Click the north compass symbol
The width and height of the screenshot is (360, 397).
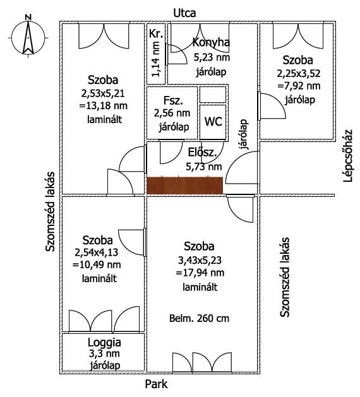tap(28, 37)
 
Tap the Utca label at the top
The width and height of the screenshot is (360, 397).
tap(184, 13)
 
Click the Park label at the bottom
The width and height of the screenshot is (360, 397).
tap(156, 384)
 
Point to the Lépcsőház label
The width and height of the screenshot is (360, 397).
tap(348, 156)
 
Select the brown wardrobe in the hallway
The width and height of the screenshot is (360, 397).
tap(185, 186)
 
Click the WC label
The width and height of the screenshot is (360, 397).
tap(213, 122)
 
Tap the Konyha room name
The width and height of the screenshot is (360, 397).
tap(211, 42)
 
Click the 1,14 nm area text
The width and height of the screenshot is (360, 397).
tap(155, 59)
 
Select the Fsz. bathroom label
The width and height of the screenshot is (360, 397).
tap(173, 100)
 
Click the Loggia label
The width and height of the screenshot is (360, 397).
tap(104, 342)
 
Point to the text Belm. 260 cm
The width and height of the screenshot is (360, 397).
tap(199, 318)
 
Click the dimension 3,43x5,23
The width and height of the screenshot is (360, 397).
tap(200, 260)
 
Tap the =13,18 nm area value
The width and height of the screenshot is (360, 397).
tap(104, 105)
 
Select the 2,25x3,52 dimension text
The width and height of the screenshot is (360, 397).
tap(299, 73)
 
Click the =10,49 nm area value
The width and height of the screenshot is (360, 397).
tap(97, 265)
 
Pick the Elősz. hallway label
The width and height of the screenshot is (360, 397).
tap(202, 153)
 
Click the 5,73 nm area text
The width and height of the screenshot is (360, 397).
tap(204, 167)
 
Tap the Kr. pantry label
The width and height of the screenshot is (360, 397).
tap(156, 33)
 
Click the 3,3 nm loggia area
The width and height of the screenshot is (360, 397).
tap(104, 353)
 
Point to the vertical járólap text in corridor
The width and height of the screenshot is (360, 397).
tap(244, 134)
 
